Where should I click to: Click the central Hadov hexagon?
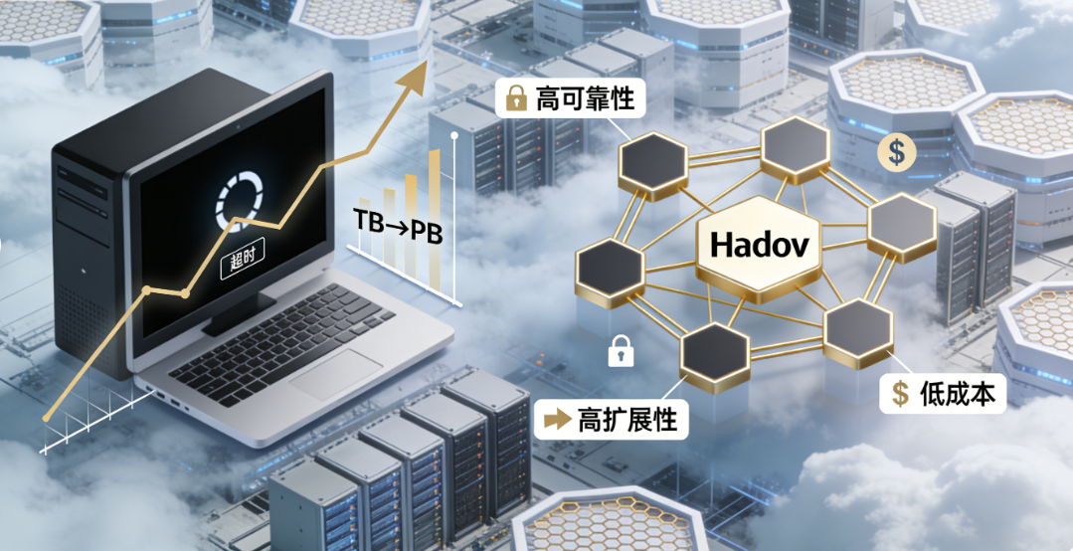pos(759,244)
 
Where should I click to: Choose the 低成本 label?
pos(943,393)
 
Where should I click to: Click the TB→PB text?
pos(397,227)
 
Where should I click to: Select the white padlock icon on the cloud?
pos(621,349)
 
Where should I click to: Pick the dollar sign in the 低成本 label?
pos(901,393)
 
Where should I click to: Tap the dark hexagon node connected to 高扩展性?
pos(714,351)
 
